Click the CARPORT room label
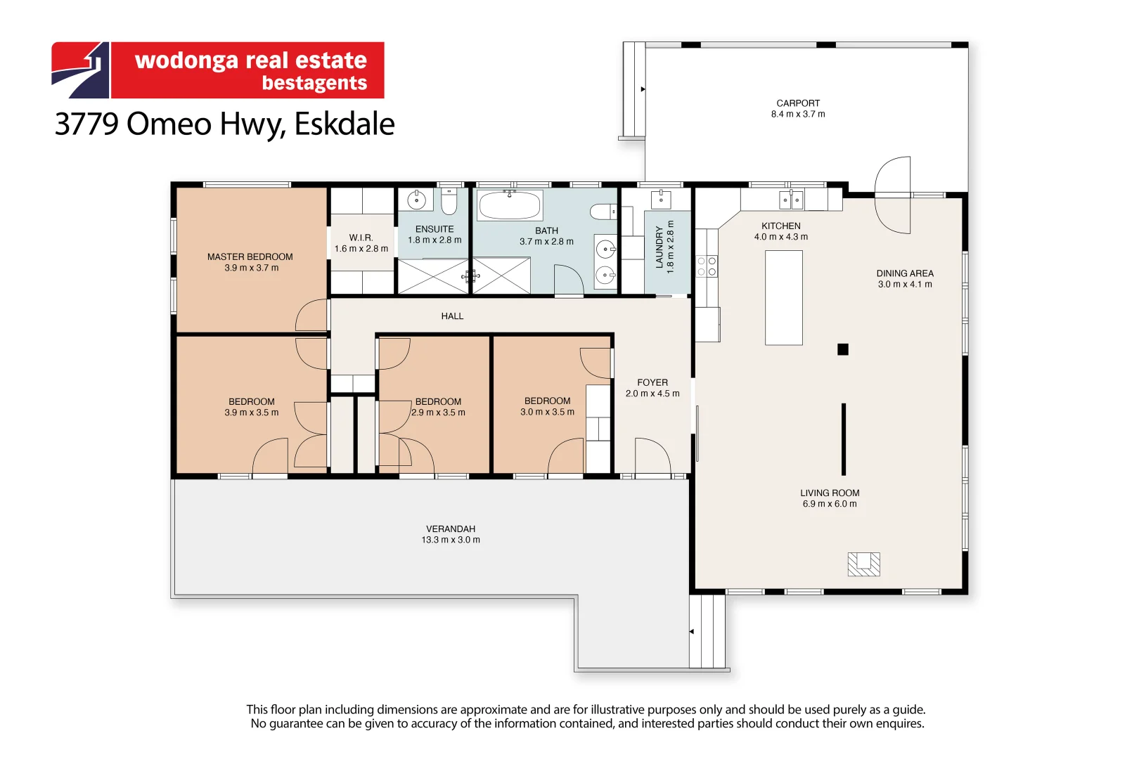tap(798, 103)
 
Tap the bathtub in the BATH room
tap(510, 206)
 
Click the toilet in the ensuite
tap(449, 201)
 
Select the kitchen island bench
tap(783, 297)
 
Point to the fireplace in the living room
tap(863, 564)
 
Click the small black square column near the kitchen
tap(843, 349)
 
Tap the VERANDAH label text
tap(450, 529)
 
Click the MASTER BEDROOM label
tap(250, 257)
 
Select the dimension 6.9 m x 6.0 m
tap(830, 504)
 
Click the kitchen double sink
tap(791, 200)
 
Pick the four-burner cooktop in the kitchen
tap(707, 266)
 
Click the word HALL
tap(452, 316)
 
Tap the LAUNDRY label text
tap(659, 247)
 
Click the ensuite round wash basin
tap(416, 200)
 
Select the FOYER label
tap(652, 383)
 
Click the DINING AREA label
tap(905, 273)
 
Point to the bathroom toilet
tap(602, 212)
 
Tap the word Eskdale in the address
tap(344, 124)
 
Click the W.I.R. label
tap(361, 238)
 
